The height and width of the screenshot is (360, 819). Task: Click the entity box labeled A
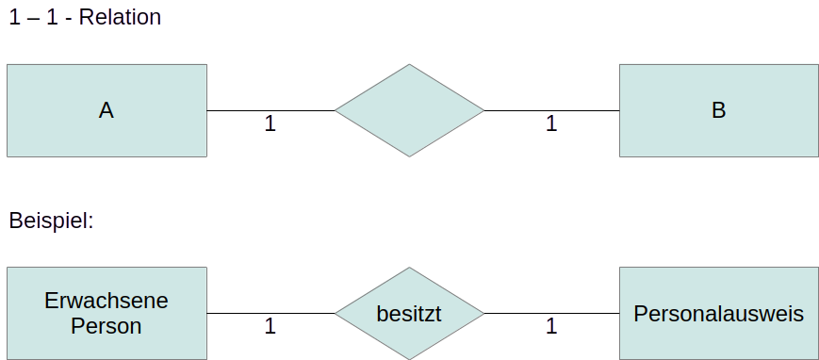[x=106, y=110]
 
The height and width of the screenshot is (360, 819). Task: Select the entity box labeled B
[x=719, y=110]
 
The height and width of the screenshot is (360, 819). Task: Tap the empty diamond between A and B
[x=409, y=110]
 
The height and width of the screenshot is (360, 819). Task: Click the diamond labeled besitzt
[x=409, y=314]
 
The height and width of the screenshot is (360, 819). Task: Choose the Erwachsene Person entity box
[x=106, y=314]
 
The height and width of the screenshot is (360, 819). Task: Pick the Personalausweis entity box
[x=719, y=314]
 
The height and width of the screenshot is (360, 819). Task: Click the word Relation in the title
[x=120, y=17]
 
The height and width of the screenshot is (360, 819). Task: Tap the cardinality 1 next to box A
[x=270, y=123]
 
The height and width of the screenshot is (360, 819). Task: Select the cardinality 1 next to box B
[x=551, y=123]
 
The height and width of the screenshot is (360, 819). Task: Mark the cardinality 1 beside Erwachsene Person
[x=270, y=327]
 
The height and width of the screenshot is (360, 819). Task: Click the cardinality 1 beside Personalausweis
[x=551, y=327]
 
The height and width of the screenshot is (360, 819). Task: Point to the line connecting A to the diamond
[x=270, y=110]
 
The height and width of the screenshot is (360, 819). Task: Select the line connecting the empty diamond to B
[x=552, y=110]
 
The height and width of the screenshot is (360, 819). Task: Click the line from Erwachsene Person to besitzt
[x=270, y=314]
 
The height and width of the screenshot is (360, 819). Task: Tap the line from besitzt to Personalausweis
[x=552, y=314]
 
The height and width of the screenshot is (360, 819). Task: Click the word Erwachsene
[x=106, y=301]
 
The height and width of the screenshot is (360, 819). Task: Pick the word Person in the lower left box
[x=106, y=326]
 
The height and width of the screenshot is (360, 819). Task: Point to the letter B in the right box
[x=719, y=110]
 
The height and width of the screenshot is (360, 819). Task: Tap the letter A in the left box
[x=106, y=110]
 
